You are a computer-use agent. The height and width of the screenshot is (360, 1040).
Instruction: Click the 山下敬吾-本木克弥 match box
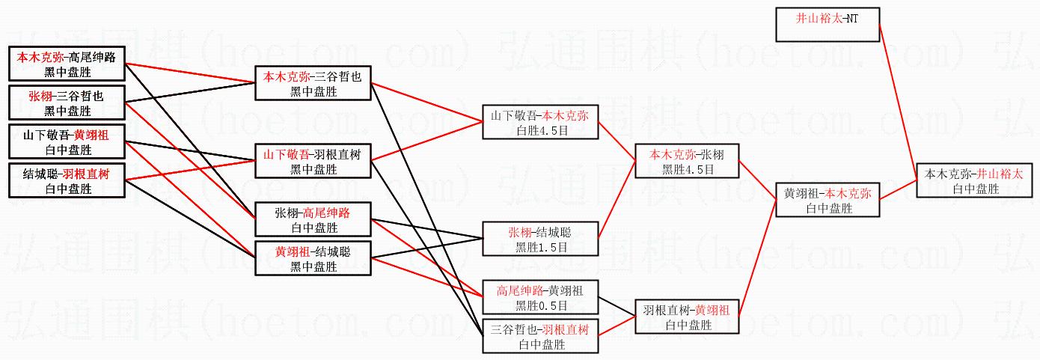pos(540,123)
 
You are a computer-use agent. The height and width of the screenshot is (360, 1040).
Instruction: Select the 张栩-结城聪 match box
pos(540,239)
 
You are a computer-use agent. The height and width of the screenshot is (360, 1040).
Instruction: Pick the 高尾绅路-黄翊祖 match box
pos(540,297)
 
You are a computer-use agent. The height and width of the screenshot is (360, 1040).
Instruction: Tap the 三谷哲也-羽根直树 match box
pos(540,337)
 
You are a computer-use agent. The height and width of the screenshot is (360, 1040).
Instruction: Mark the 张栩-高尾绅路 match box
pos(313,220)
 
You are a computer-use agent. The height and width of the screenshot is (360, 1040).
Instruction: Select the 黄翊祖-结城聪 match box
pos(313,259)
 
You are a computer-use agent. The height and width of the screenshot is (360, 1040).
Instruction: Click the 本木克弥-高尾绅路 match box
pos(67,63)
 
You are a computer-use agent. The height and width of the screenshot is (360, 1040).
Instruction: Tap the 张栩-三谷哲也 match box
pos(67,103)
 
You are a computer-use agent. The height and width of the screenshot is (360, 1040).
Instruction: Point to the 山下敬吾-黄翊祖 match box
pos(67,142)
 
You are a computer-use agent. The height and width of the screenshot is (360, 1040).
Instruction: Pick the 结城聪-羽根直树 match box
pos(67,181)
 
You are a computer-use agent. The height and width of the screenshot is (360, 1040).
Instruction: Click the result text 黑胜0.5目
pos(540,305)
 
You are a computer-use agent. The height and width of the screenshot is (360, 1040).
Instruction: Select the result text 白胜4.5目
pos(540,131)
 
